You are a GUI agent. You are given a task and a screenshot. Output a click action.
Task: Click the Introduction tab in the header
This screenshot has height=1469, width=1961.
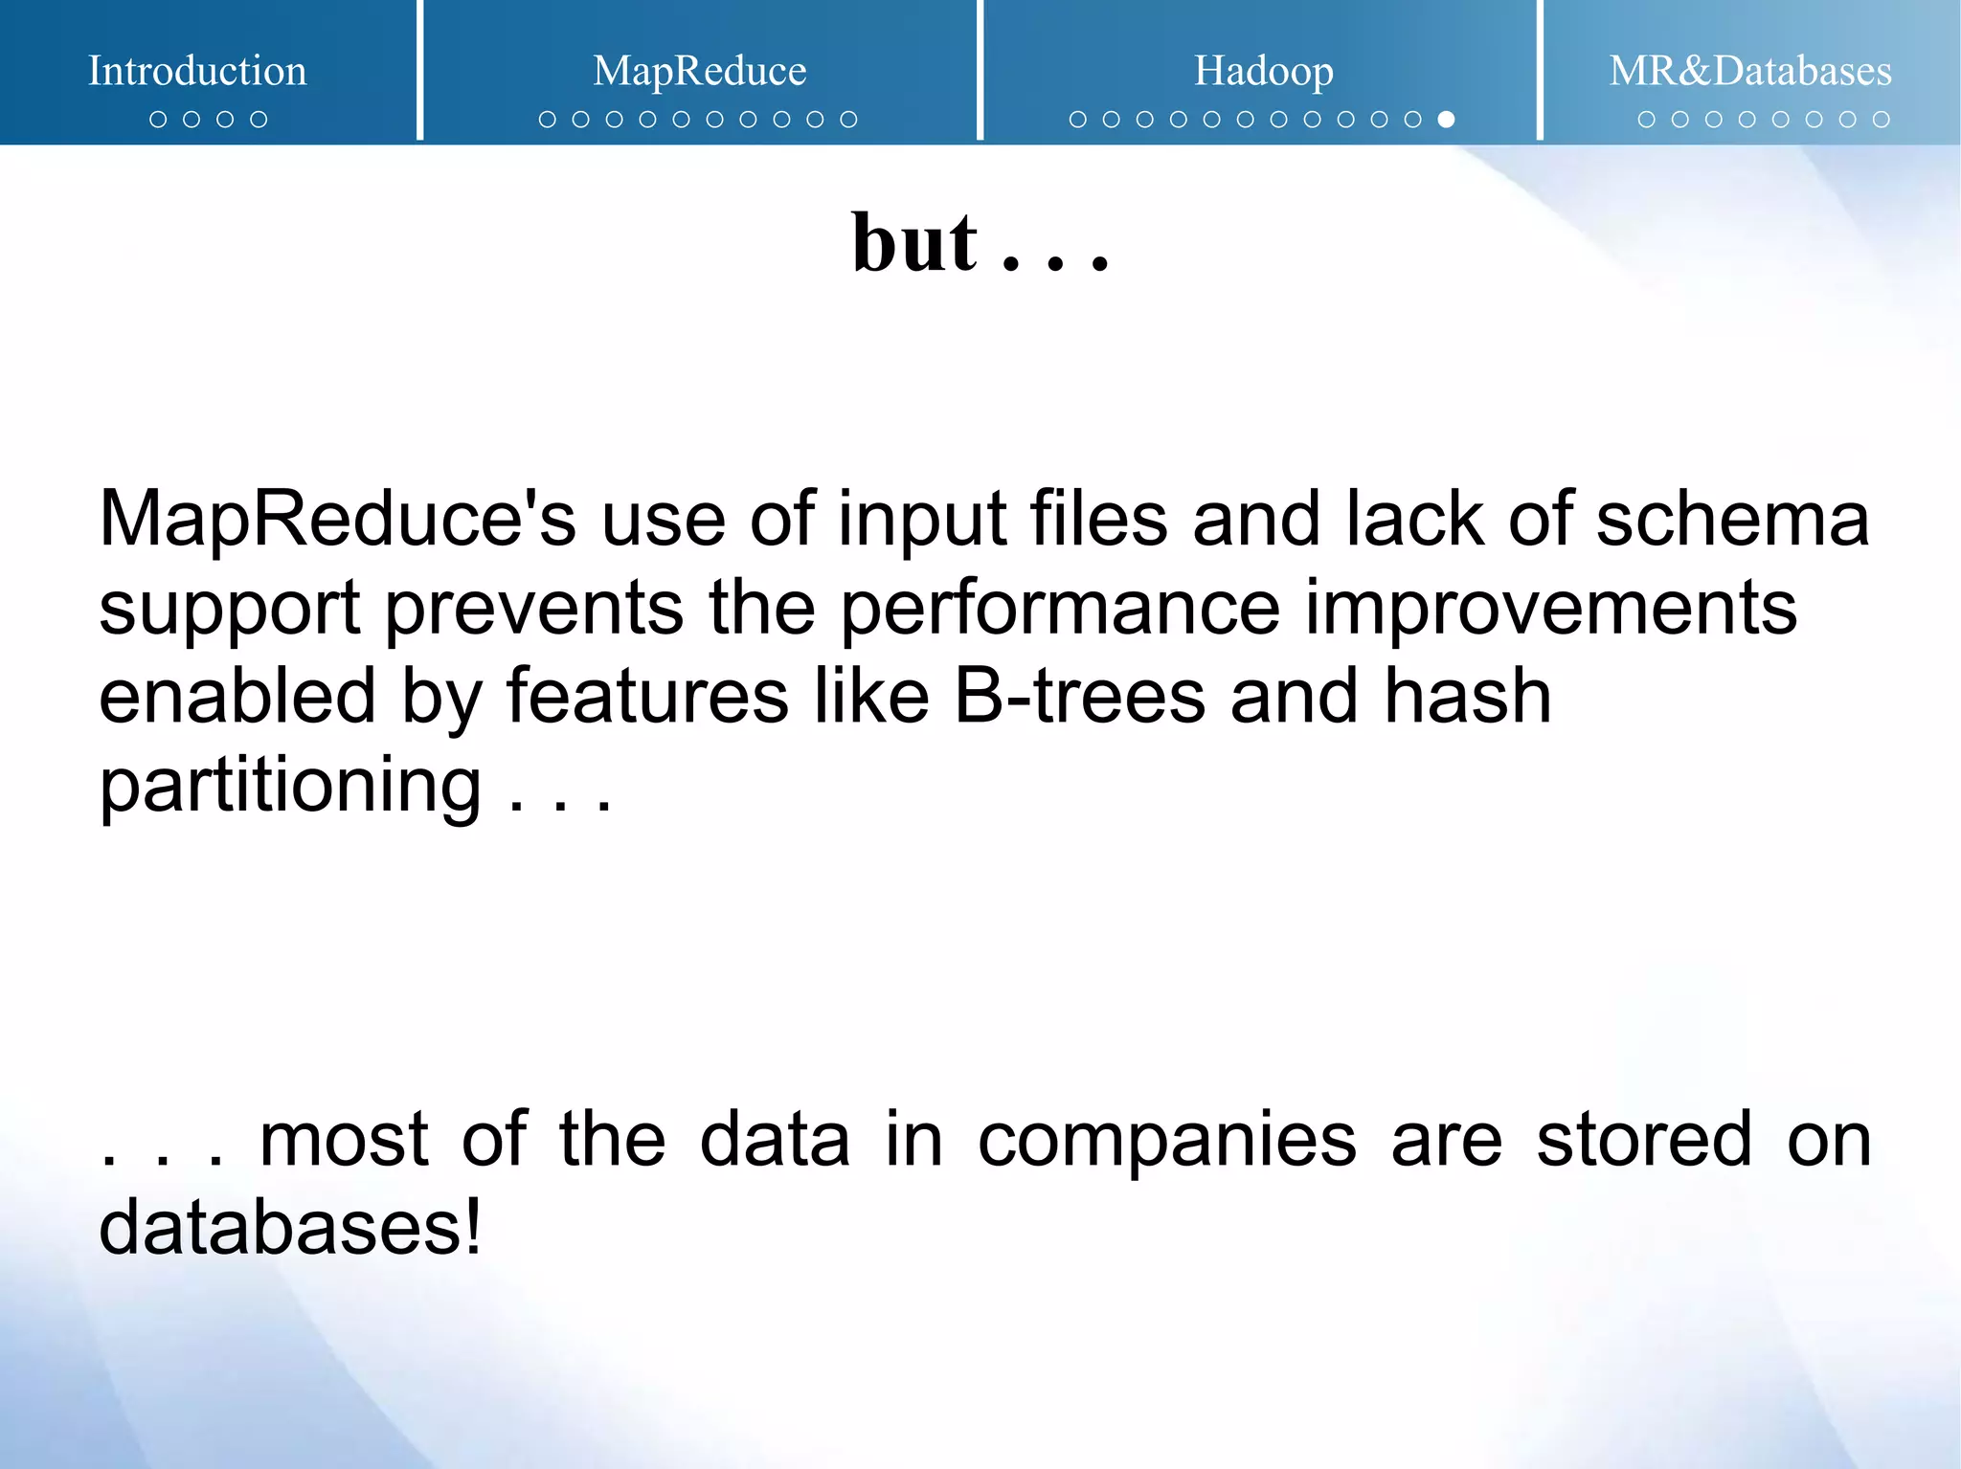tap(197, 71)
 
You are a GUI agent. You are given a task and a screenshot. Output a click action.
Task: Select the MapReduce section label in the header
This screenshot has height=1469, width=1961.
tap(699, 71)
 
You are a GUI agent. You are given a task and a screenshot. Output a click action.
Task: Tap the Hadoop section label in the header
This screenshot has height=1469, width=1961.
tap(1263, 71)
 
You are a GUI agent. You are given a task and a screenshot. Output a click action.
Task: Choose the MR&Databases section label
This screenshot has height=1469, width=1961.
tap(1749, 71)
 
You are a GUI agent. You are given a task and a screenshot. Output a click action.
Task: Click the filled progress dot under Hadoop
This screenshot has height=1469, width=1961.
tap(1446, 120)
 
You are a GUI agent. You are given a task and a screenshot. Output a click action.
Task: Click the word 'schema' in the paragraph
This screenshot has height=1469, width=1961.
tap(1732, 520)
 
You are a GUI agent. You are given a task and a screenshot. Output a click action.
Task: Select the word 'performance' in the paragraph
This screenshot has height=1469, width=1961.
tap(1060, 610)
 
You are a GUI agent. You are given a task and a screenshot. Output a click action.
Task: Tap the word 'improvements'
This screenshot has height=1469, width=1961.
tap(1550, 608)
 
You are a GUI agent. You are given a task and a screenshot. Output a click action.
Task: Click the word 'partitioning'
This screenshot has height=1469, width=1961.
tap(290, 786)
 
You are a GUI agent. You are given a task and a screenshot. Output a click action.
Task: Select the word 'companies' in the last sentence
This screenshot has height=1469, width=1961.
tap(1166, 1140)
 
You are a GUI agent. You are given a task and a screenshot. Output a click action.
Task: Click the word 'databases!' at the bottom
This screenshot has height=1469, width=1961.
tap(290, 1228)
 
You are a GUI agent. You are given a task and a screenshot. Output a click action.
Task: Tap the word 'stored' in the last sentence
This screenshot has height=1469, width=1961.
tap(1644, 1140)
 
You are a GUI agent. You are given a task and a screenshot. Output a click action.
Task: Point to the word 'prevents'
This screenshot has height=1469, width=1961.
tap(534, 610)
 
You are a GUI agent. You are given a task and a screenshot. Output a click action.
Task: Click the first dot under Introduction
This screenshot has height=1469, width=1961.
tap(158, 120)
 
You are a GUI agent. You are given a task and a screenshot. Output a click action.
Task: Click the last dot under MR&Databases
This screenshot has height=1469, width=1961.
tap(1881, 120)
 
